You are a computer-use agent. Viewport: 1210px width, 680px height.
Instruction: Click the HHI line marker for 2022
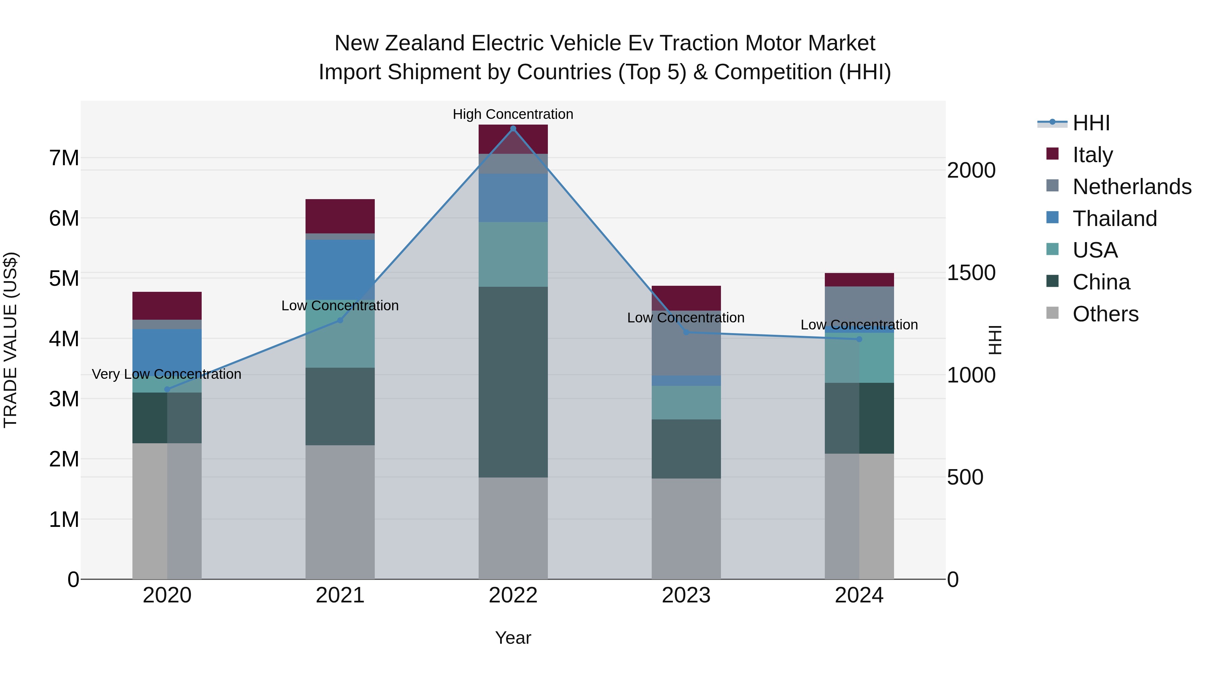tap(513, 129)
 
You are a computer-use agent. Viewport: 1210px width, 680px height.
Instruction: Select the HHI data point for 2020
tap(167, 389)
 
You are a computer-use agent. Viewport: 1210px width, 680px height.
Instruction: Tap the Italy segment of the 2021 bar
tap(340, 216)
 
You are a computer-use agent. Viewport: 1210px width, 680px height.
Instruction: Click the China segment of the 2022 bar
tap(513, 382)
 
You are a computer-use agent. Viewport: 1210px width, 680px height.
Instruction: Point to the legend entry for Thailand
tap(1114, 219)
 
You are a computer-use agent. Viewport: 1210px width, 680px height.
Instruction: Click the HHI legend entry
tap(1091, 123)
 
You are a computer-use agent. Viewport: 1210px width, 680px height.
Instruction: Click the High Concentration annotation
tap(513, 114)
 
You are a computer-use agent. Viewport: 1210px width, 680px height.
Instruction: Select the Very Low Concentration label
tap(166, 374)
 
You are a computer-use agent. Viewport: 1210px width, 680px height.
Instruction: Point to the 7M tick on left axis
tap(64, 158)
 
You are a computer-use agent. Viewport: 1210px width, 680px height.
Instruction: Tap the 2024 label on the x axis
tap(859, 595)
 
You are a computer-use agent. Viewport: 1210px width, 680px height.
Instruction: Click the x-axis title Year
tap(513, 638)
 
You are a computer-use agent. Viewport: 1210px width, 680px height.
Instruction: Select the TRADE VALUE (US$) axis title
tap(10, 340)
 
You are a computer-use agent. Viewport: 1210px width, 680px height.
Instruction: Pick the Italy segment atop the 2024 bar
tap(859, 280)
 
